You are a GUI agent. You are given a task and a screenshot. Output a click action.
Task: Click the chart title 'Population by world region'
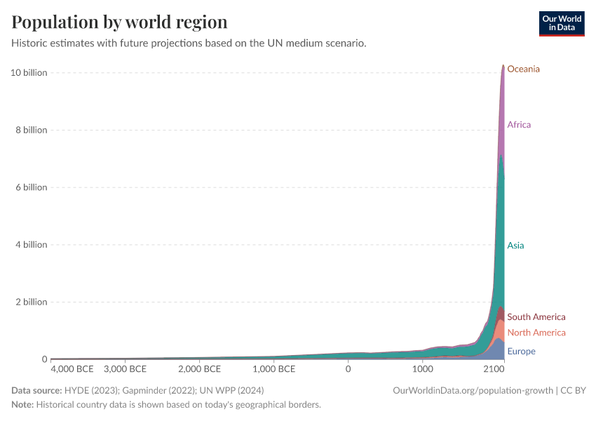click(x=119, y=22)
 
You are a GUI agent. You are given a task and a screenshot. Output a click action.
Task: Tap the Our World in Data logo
click(x=561, y=23)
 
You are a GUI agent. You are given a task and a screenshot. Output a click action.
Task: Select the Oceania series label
click(x=523, y=69)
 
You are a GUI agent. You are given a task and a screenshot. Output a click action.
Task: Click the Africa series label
click(x=519, y=125)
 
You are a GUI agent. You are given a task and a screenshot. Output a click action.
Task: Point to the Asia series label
click(x=515, y=246)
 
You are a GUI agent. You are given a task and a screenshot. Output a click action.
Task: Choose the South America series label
click(x=536, y=317)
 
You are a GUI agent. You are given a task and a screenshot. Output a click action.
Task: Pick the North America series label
click(x=536, y=333)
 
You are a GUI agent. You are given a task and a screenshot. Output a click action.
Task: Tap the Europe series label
click(x=521, y=352)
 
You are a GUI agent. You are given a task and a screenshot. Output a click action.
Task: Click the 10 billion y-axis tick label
click(x=29, y=73)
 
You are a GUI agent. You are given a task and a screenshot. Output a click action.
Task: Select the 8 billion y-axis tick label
click(x=31, y=131)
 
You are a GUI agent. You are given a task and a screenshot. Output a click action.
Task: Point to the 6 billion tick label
click(x=31, y=187)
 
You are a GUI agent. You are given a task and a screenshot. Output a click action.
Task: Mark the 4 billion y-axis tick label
click(x=31, y=245)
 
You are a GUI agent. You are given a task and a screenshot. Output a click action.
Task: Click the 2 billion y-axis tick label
click(x=31, y=302)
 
